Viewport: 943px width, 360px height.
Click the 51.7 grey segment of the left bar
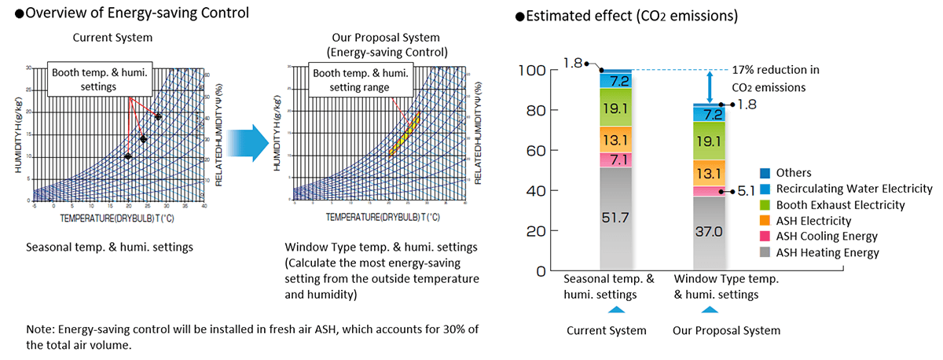(615, 218)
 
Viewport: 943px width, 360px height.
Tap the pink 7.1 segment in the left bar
(615, 160)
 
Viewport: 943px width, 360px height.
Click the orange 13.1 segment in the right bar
(709, 172)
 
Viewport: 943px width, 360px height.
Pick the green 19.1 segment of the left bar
(615, 107)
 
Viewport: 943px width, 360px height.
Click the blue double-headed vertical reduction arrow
(710, 86)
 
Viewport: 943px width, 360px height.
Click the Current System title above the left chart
(112, 37)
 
